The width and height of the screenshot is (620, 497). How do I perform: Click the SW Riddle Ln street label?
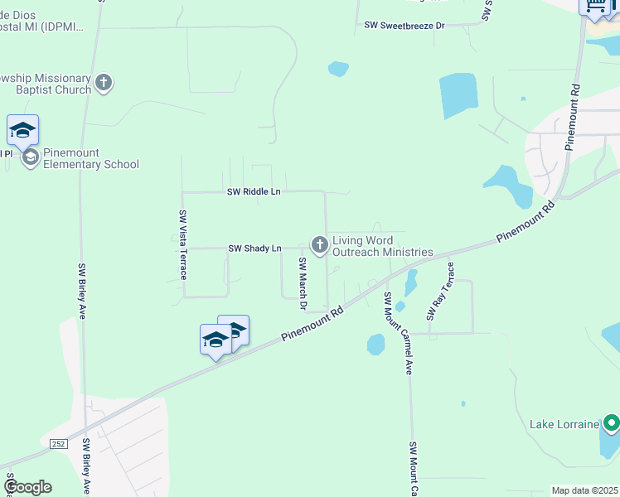pyautogui.click(x=254, y=192)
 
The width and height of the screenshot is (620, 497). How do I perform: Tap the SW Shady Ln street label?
pyautogui.click(x=254, y=248)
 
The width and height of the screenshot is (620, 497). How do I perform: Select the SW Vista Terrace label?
pyautogui.click(x=183, y=244)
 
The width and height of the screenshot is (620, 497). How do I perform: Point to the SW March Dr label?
pyautogui.click(x=303, y=283)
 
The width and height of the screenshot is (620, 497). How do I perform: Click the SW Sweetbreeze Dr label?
pyautogui.click(x=404, y=26)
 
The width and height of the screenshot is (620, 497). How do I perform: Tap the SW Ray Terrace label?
pyautogui.click(x=440, y=292)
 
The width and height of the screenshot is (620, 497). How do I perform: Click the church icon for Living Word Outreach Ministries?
pyautogui.click(x=319, y=244)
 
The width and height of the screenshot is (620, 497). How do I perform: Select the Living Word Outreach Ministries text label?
pyautogui.click(x=382, y=247)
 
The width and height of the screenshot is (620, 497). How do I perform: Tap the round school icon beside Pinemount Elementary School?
pyautogui.click(x=30, y=158)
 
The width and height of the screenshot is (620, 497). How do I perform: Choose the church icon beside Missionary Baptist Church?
pyautogui.click(x=104, y=83)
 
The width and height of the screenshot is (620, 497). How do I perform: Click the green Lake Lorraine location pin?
pyautogui.click(x=611, y=425)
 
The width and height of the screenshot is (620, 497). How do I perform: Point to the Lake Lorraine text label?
pyautogui.click(x=564, y=425)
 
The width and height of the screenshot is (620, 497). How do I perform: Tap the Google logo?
pyautogui.click(x=27, y=487)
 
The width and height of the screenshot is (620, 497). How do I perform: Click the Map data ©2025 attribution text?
pyautogui.click(x=584, y=490)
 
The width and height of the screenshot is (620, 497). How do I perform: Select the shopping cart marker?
pyautogui.click(x=594, y=7)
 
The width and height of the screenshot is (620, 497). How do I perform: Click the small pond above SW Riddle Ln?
pyautogui.click(x=338, y=69)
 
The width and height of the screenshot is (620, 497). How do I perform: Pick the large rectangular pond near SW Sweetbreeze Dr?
pyautogui.click(x=459, y=96)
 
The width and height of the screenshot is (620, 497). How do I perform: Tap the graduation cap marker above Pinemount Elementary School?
pyautogui.click(x=23, y=131)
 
